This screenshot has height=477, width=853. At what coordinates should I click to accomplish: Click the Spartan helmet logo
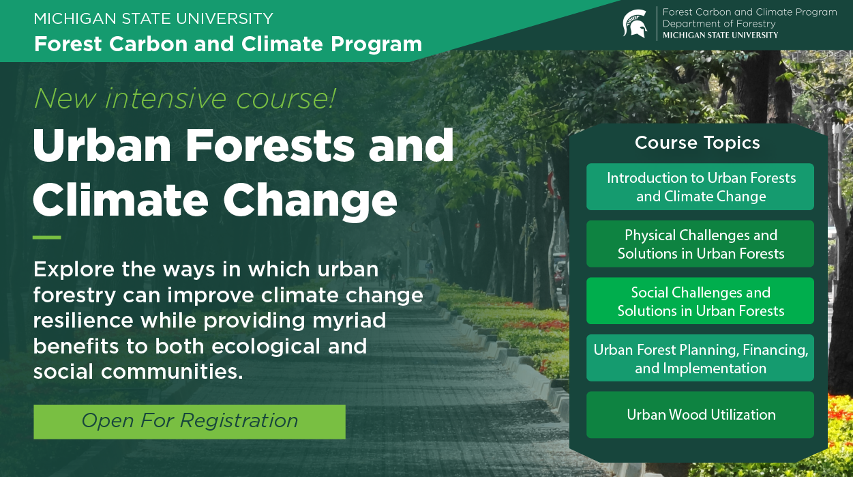click(635, 24)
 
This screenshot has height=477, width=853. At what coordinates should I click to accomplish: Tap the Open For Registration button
click(190, 421)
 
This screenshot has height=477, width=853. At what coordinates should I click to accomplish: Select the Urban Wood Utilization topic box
click(700, 414)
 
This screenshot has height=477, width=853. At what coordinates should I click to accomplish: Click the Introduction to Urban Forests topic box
click(700, 187)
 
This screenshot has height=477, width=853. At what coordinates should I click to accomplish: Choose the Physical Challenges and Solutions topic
click(700, 244)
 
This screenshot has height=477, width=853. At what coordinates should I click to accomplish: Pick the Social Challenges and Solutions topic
click(700, 301)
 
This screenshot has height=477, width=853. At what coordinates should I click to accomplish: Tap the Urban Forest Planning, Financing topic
click(700, 358)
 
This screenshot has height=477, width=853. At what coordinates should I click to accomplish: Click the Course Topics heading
click(698, 143)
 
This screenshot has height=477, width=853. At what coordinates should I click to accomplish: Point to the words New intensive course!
click(185, 99)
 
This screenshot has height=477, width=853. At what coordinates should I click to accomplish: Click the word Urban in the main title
click(102, 145)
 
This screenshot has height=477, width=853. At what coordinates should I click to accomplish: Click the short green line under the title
click(47, 237)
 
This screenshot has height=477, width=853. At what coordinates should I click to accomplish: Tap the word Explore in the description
click(74, 270)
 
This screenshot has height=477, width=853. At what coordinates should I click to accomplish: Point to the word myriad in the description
click(349, 321)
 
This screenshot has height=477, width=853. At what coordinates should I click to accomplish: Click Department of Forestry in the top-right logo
click(719, 24)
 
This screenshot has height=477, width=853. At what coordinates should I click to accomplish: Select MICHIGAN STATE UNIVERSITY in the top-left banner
click(153, 18)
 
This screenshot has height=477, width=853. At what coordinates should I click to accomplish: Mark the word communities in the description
click(172, 371)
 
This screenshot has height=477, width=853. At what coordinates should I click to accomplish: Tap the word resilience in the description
click(83, 321)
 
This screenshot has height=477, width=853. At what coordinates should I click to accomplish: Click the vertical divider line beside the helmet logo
click(657, 24)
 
